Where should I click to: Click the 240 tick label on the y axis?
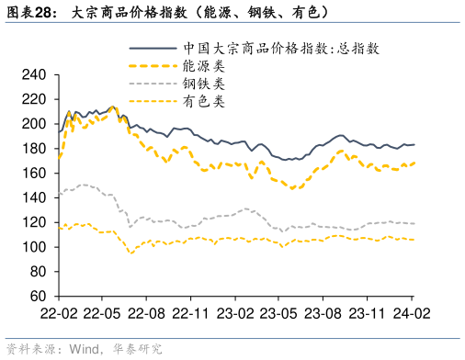point(34,74)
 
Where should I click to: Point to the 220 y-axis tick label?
point(34,99)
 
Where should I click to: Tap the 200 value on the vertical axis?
point(34,124)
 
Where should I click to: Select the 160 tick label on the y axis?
point(34,174)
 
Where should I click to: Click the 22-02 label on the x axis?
point(58,313)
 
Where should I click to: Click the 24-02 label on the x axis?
point(411,313)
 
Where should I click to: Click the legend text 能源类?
point(203,66)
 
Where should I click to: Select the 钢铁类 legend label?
point(203,84)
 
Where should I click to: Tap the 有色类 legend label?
point(203,101)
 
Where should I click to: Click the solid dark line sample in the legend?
point(153,48)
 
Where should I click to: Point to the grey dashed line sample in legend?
point(153,84)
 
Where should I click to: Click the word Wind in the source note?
point(81,349)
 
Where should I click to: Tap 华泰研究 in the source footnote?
point(137,349)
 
